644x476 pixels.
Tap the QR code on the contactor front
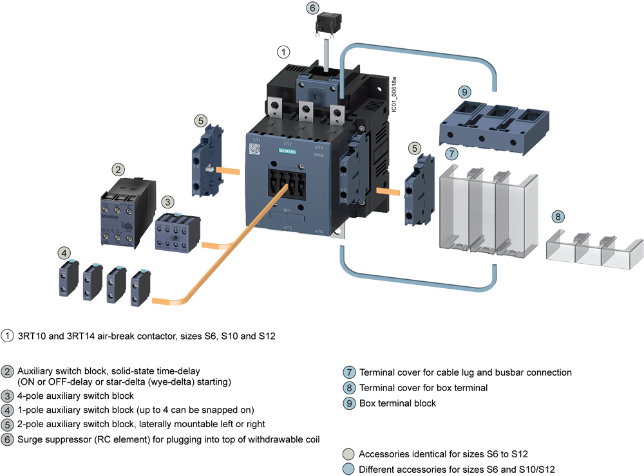click(254, 149)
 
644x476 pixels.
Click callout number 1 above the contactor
click(283, 52)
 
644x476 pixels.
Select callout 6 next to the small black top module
click(312, 8)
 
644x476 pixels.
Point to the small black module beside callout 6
click(328, 23)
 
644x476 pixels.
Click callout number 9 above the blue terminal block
click(464, 92)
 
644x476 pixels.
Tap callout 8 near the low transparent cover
click(558, 217)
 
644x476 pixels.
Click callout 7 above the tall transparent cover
click(452, 154)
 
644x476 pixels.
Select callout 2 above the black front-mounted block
click(118, 170)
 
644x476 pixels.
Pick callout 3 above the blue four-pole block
click(168, 202)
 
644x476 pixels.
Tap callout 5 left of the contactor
click(202, 120)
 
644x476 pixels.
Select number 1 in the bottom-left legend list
click(7, 335)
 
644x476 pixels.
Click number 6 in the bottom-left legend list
click(7, 440)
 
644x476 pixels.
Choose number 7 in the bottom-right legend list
click(348, 372)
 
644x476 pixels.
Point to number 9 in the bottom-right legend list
click(348, 403)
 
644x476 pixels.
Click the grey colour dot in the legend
click(348, 453)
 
